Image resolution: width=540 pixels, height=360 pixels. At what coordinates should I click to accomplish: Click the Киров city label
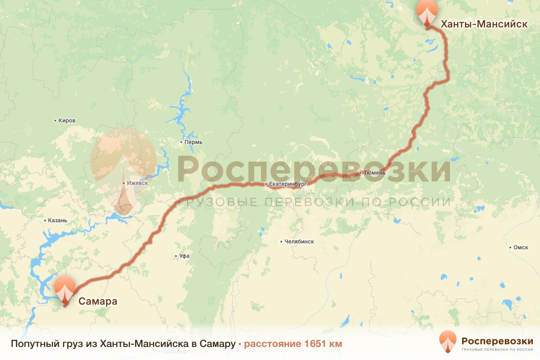point(67,121)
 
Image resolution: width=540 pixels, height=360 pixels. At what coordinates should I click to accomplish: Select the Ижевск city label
point(137,184)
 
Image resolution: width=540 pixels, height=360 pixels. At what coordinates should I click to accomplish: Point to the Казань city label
point(58,220)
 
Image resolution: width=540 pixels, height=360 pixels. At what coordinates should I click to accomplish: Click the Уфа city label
point(184,256)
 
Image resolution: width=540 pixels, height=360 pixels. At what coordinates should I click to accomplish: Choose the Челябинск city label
point(299,242)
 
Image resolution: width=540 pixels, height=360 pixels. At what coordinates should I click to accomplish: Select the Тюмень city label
point(374,173)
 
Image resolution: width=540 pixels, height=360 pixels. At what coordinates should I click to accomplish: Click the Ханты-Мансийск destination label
point(484,24)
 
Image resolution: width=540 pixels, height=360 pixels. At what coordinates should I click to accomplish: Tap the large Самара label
point(98,301)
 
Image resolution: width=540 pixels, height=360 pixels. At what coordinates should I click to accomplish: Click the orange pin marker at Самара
point(64,290)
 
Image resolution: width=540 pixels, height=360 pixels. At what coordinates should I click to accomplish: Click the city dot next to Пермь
point(181,142)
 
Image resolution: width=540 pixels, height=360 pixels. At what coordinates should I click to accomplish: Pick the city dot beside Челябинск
point(281,242)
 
